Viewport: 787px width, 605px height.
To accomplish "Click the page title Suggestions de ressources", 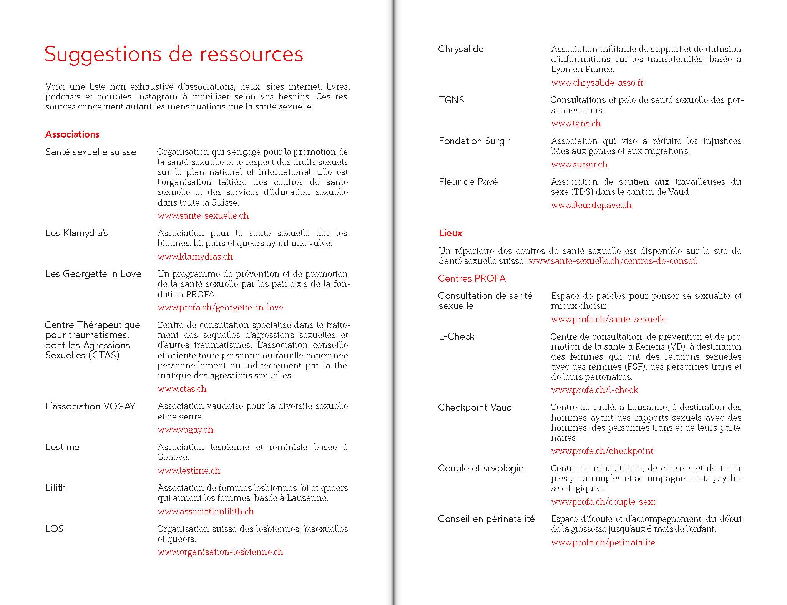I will point(174,54).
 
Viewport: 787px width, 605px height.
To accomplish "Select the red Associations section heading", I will point(72,134).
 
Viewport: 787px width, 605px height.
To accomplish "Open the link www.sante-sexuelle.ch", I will point(203,215).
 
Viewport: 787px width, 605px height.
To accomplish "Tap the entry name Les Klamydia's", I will point(76,233).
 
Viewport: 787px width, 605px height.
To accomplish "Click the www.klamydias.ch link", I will point(195,257).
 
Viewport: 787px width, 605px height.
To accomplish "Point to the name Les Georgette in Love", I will point(93,274).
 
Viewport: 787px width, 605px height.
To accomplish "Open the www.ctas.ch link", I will point(182,389).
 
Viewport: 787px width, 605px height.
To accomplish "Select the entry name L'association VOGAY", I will point(90,406).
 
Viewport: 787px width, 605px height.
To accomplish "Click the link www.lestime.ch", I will point(189,471).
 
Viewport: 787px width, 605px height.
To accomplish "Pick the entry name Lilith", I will point(56,488).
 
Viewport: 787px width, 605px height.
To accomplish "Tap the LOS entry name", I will point(54,529).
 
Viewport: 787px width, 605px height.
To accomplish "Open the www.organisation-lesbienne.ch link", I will point(220,552).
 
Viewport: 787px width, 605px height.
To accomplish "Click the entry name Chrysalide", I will point(461,49).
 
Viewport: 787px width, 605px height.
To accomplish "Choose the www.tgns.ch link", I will point(576,123).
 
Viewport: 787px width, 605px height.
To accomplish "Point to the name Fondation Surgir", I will point(475,141).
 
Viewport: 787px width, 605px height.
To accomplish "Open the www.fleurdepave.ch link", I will point(591,205).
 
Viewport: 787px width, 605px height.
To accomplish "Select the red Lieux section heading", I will point(450,233).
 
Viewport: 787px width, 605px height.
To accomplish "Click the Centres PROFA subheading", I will point(472,278).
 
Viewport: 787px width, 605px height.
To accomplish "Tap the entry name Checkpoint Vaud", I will point(475,408).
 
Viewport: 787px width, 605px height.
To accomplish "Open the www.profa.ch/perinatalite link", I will point(603,542).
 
